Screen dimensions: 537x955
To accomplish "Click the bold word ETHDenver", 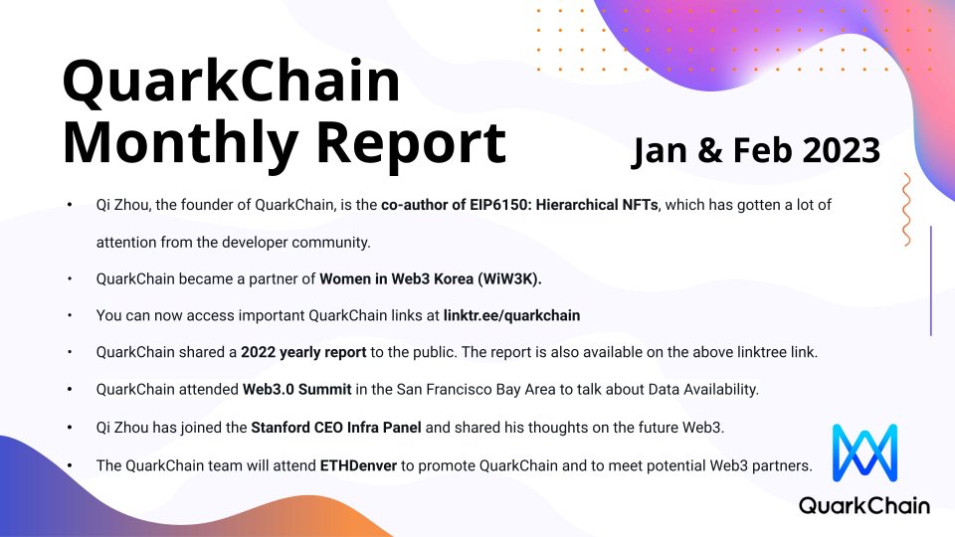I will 358,464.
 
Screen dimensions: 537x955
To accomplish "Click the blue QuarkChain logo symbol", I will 864,455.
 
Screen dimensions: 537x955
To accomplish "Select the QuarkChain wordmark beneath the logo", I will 864,506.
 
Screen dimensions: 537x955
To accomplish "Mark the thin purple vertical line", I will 930,280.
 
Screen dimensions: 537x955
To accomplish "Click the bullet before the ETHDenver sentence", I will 70,464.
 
